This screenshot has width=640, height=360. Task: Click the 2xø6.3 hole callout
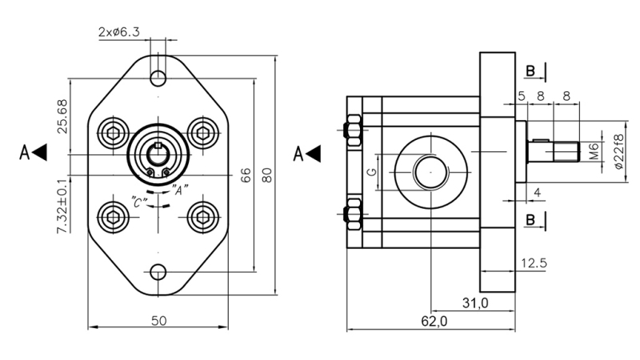(119, 32)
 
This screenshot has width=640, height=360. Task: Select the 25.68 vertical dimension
(62, 117)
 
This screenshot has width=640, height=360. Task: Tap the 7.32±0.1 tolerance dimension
(62, 206)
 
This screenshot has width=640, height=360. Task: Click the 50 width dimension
(158, 320)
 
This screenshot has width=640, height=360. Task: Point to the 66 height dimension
(246, 174)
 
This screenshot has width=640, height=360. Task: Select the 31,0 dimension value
(474, 302)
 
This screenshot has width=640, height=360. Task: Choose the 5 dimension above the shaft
(521, 95)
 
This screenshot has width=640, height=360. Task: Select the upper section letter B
(530, 72)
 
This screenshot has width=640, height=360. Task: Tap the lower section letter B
(530, 218)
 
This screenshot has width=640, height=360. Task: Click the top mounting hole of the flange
(159, 78)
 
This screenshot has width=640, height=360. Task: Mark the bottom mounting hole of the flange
(159, 272)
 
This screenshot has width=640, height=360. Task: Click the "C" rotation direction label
(138, 203)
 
